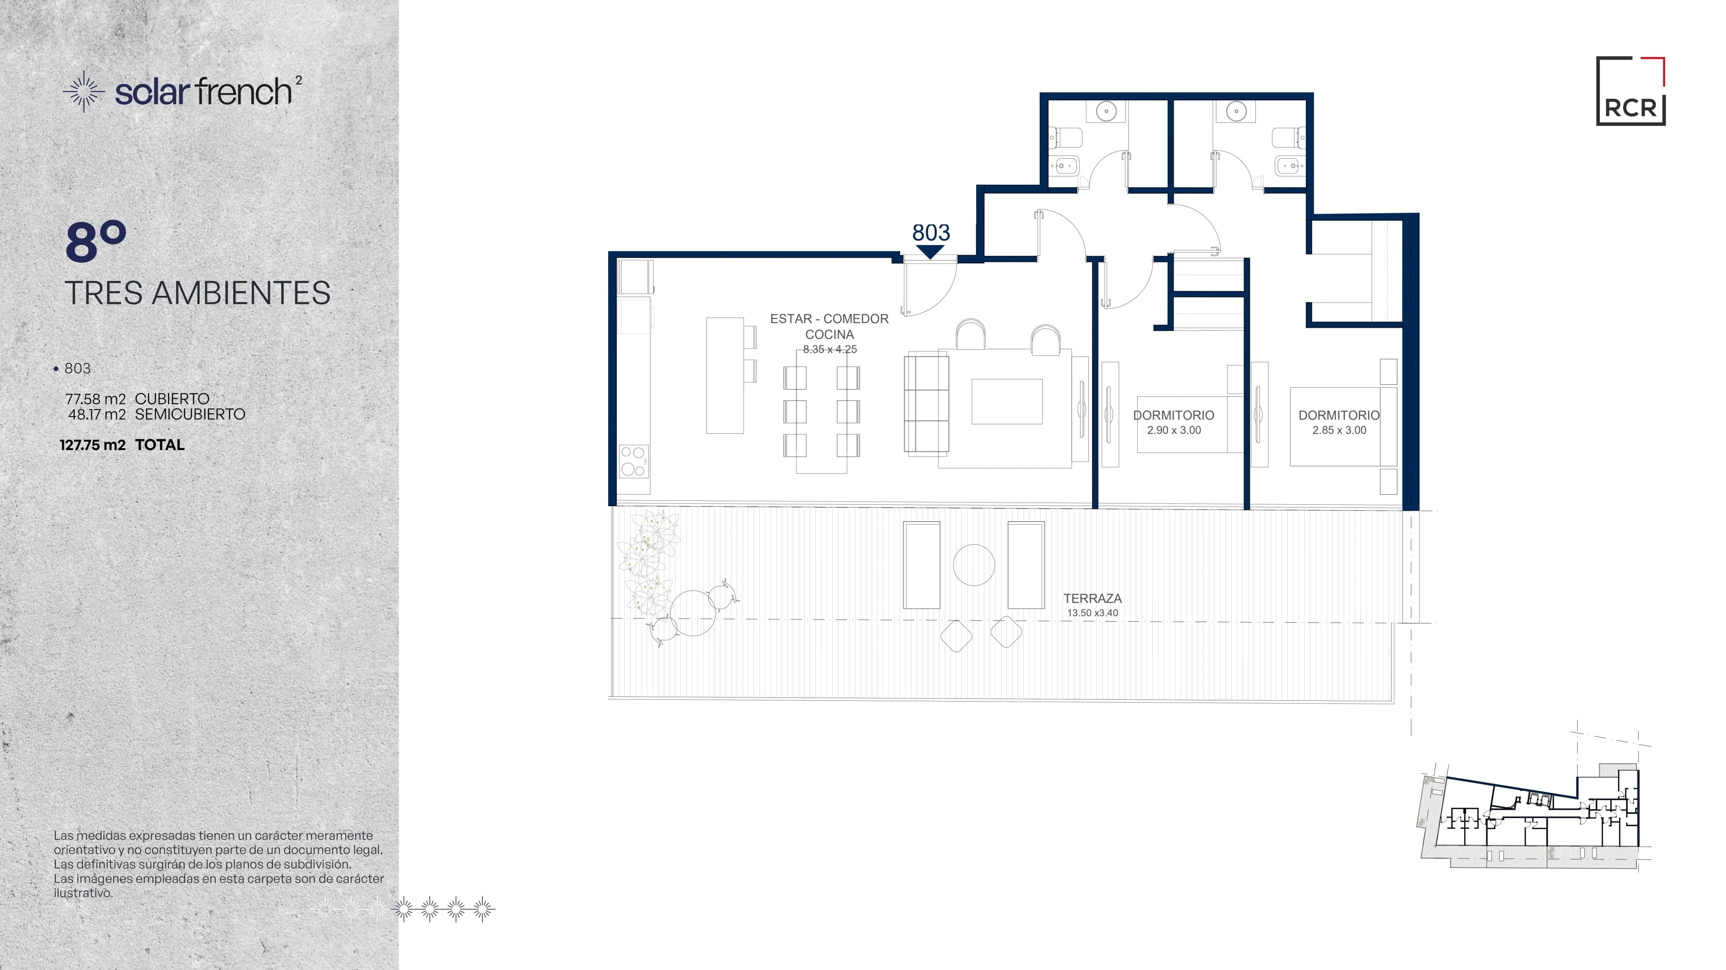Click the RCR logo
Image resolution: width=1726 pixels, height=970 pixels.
pyautogui.click(x=1630, y=91)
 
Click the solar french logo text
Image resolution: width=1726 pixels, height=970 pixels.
pyautogui.click(x=204, y=92)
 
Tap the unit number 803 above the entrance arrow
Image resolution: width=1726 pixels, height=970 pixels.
pyautogui.click(x=931, y=232)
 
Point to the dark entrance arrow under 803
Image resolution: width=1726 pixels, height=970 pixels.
pyautogui.click(x=931, y=252)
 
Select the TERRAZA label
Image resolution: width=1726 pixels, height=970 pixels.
pyautogui.click(x=1092, y=598)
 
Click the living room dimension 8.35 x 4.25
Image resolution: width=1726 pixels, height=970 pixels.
pyautogui.click(x=829, y=349)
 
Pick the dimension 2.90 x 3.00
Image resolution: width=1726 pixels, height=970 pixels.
pyautogui.click(x=1174, y=430)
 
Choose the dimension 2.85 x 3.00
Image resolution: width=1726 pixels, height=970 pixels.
pyautogui.click(x=1339, y=430)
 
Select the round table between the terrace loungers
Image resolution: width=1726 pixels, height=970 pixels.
pyautogui.click(x=974, y=565)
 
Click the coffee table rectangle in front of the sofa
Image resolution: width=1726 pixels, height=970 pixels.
pyautogui.click(x=1007, y=401)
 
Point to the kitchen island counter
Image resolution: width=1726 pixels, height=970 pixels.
pyautogui.click(x=725, y=375)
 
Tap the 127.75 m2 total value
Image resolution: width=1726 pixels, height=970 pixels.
pyautogui.click(x=93, y=445)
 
